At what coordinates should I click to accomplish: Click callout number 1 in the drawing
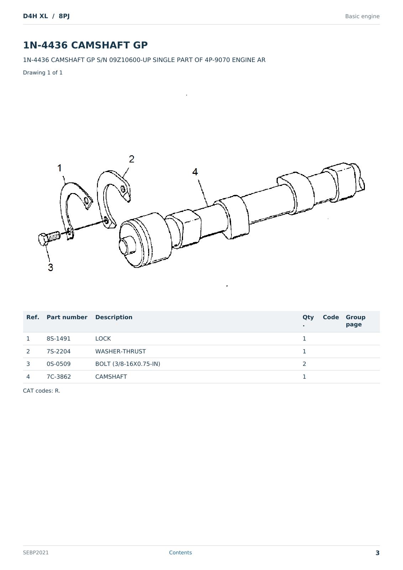59,168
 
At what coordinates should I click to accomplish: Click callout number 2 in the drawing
131,159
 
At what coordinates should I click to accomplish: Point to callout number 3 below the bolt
51,268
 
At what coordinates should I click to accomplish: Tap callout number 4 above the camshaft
195,172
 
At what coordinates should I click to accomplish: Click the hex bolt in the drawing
49,238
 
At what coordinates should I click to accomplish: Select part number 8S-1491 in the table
58,339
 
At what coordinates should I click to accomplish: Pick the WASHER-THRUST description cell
121,351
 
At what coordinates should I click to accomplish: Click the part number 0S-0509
58,364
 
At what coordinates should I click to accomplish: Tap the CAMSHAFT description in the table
111,377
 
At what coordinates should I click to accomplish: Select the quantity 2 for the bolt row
304,364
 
